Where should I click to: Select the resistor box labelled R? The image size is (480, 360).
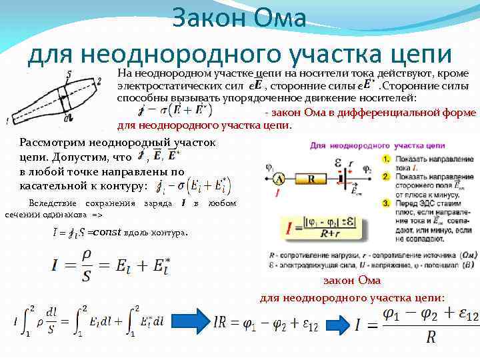[x=311, y=178]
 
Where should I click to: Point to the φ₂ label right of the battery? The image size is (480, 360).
[x=367, y=170]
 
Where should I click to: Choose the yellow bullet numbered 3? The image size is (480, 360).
[x=387, y=202]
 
